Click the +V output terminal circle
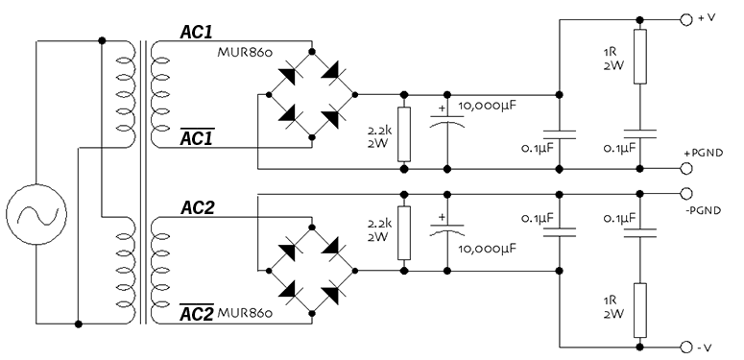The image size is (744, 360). coord(686,19)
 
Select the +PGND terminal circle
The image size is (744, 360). coord(686,169)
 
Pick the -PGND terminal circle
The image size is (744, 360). coord(686,192)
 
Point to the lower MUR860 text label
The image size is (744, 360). coord(249,313)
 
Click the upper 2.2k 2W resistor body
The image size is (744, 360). coord(404,134)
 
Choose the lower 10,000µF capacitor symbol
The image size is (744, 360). coord(447,230)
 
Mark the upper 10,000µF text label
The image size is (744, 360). coord(493,106)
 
